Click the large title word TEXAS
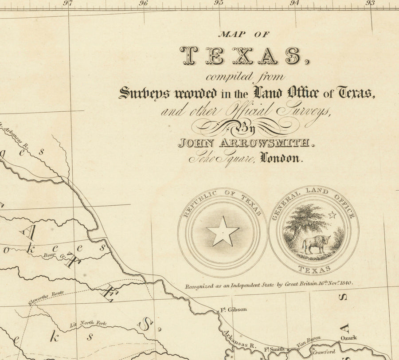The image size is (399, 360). coord(241,56)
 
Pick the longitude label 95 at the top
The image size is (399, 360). coord(219,3)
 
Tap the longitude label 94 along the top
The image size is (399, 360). coord(294,3)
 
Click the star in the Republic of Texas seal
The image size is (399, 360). coord(223,231)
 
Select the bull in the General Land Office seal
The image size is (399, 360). coord(315,244)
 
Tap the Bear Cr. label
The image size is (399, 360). coord(53,255)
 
